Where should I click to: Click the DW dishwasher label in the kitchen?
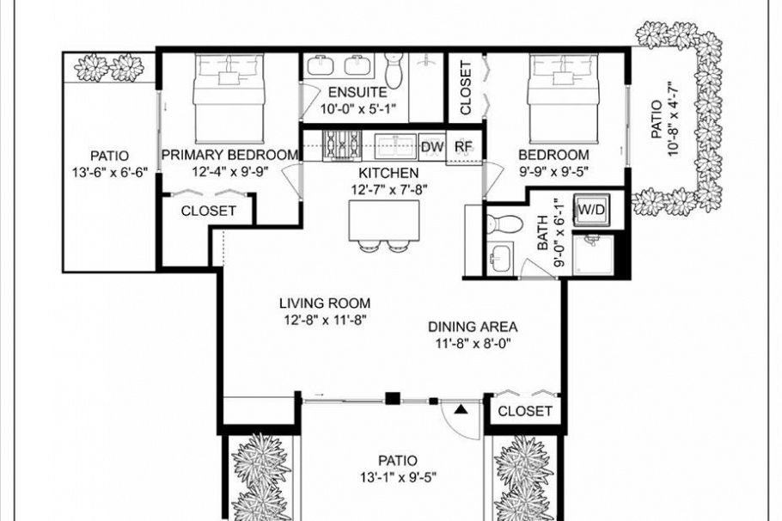click(432, 147)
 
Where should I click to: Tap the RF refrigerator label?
click(463, 147)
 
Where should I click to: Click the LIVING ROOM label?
click(325, 303)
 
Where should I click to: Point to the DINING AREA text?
click(473, 327)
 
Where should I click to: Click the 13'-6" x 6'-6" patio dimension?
click(111, 172)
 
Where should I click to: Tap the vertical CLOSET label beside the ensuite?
click(465, 88)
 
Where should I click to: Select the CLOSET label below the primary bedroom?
click(209, 211)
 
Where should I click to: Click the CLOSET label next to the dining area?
click(525, 411)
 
